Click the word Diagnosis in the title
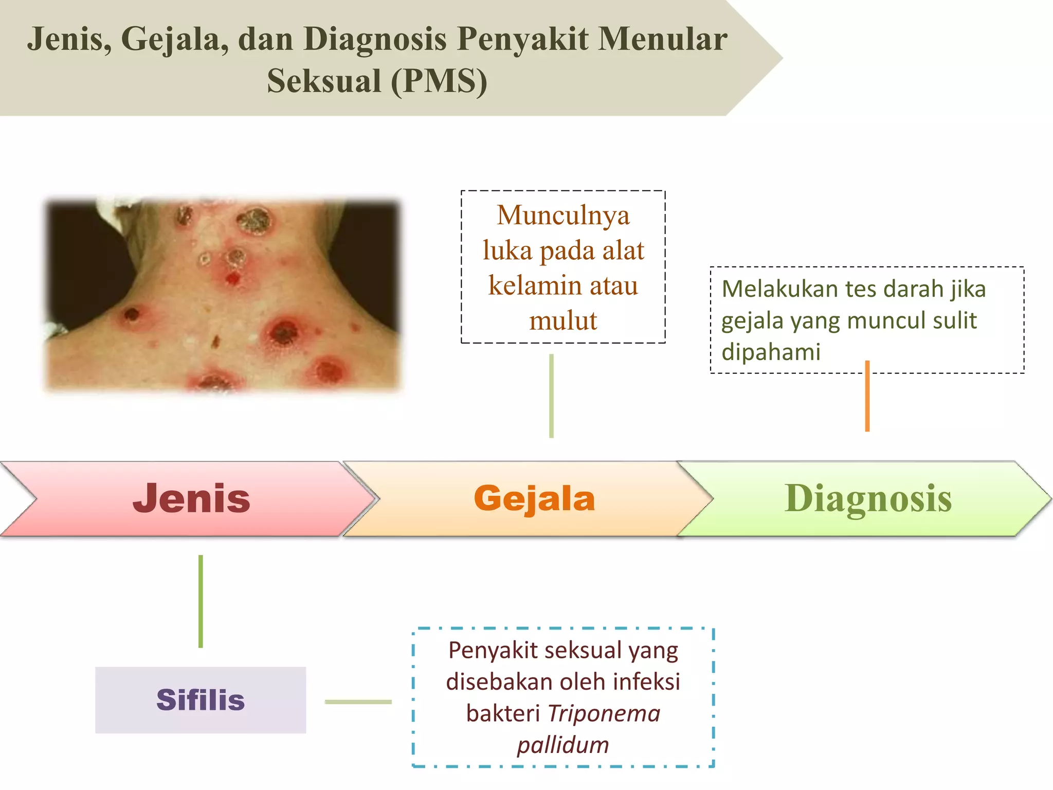(x=375, y=39)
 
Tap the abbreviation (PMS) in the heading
(x=439, y=81)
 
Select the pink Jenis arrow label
(x=191, y=498)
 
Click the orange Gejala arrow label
(x=534, y=498)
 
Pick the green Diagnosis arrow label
(x=868, y=498)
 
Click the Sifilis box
(x=201, y=700)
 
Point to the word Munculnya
(x=563, y=215)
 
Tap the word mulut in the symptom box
(x=563, y=320)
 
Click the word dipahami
(x=771, y=352)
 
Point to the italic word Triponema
(x=604, y=713)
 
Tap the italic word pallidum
(x=563, y=745)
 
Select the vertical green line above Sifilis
(x=201, y=601)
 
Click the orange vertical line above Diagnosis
(x=867, y=396)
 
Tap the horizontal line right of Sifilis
(x=358, y=702)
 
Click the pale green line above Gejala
(x=551, y=396)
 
